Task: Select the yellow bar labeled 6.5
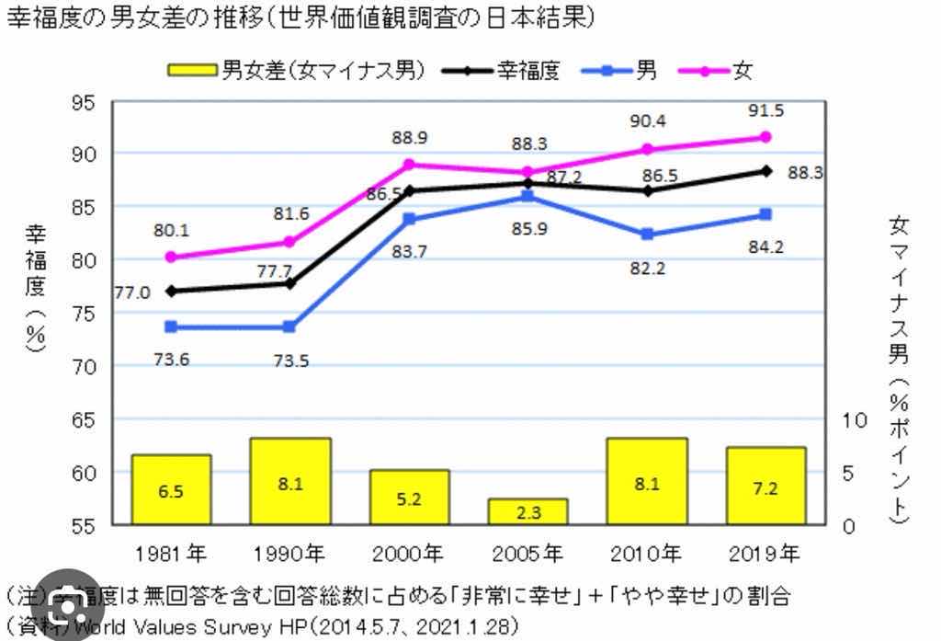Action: point(171,490)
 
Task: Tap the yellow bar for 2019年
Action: point(765,486)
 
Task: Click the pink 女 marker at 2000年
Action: point(409,165)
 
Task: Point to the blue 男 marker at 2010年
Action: point(647,235)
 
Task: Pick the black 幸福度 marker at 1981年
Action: point(171,291)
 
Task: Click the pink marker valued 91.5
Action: point(765,137)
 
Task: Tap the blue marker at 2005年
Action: point(527,196)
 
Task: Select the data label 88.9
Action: point(409,138)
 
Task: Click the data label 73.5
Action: point(290,361)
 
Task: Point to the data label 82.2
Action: point(647,269)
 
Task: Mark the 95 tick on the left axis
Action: point(84,101)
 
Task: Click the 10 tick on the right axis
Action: point(855,420)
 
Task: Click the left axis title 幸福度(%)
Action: point(35,285)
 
